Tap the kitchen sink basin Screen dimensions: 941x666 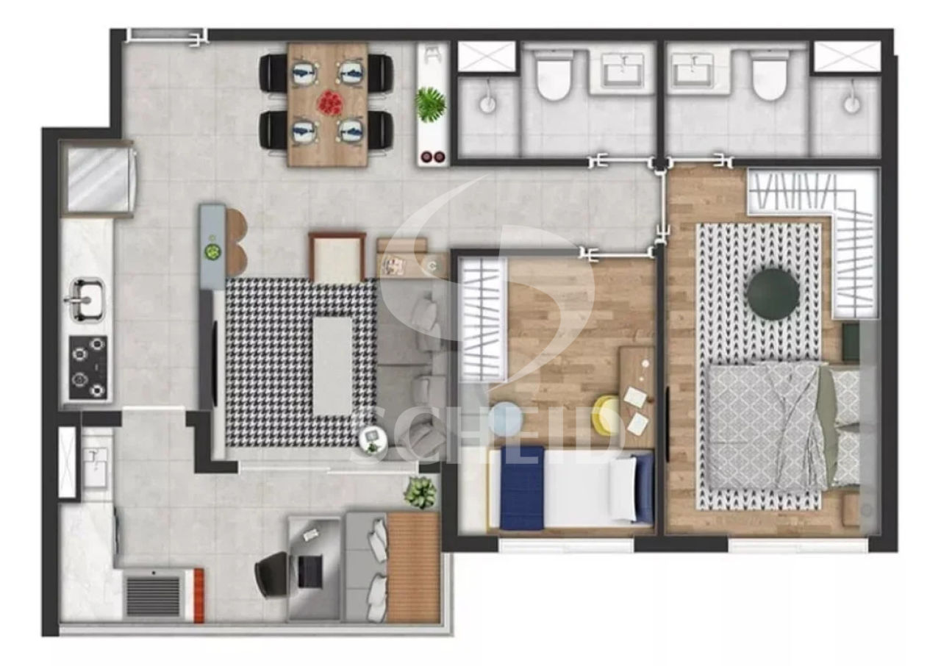click(x=87, y=299)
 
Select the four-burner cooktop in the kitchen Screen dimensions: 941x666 click(x=88, y=368)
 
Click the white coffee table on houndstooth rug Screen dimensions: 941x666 click(x=332, y=366)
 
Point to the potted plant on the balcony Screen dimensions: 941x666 click(x=420, y=493)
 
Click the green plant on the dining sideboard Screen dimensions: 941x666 click(x=430, y=105)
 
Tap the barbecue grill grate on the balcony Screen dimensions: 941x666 click(x=154, y=596)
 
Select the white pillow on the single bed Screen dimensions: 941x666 click(x=623, y=490)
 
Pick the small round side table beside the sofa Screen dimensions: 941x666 click(x=373, y=440)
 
